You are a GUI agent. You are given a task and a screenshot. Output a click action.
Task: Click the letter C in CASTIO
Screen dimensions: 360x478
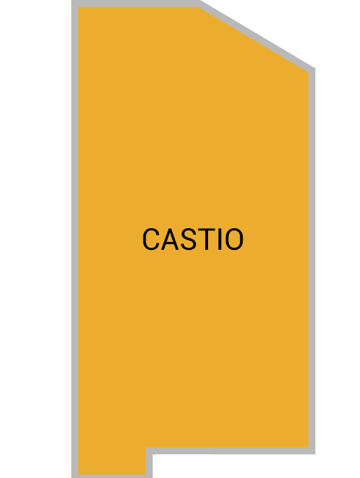151,239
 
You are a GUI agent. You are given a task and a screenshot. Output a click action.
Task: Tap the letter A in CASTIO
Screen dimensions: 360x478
169,239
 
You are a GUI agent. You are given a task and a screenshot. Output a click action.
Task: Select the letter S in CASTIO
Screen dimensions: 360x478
187,239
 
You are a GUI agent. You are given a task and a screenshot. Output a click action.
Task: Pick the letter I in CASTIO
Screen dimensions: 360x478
220,239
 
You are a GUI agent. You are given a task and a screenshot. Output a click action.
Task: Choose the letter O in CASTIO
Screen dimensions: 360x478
234,239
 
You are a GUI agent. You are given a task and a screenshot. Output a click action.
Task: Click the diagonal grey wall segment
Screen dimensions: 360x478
256,35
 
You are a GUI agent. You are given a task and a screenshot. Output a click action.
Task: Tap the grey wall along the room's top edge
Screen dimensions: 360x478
135,4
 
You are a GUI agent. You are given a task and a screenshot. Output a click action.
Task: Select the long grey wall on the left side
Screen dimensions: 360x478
75,239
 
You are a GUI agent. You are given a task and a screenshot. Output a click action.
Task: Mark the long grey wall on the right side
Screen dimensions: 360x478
312,261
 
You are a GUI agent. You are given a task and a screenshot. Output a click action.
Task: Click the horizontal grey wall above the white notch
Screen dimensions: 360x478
230,451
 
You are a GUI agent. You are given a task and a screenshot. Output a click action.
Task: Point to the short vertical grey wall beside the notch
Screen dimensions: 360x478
149,463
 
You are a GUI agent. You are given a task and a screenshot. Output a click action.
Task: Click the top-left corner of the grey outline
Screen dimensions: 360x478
72,1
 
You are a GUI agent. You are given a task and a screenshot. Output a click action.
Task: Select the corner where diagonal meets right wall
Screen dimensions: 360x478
314,68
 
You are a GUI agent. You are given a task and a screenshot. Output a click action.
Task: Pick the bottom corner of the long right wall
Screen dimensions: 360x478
315,454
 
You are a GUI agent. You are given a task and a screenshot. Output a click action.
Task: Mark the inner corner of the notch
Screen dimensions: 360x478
153,454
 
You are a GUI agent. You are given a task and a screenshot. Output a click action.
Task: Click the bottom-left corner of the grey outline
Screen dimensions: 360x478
72,477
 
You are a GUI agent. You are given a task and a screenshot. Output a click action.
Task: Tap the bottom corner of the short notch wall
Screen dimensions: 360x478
152,477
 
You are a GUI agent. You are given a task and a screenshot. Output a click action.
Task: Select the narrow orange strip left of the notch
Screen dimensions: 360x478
112,461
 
